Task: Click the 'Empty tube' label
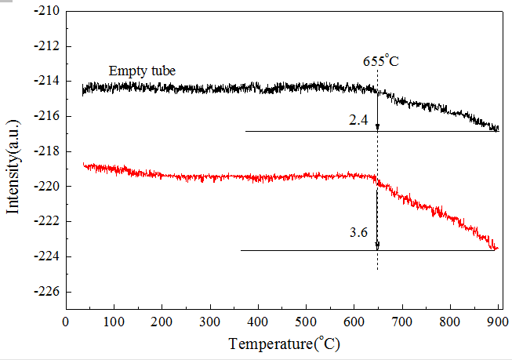(142, 71)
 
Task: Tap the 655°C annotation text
(381, 60)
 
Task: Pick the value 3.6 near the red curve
(358, 232)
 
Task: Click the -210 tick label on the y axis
(49, 12)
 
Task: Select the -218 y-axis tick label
(49, 151)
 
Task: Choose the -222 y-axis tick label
(49, 222)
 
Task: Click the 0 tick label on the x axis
(66, 322)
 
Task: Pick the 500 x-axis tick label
(306, 322)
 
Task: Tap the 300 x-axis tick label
(210, 322)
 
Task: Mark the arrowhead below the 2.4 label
(377, 126)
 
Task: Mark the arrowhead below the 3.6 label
(377, 245)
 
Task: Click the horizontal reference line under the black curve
(314, 131)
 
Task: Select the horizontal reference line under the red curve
(314, 250)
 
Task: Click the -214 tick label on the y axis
(49, 82)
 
